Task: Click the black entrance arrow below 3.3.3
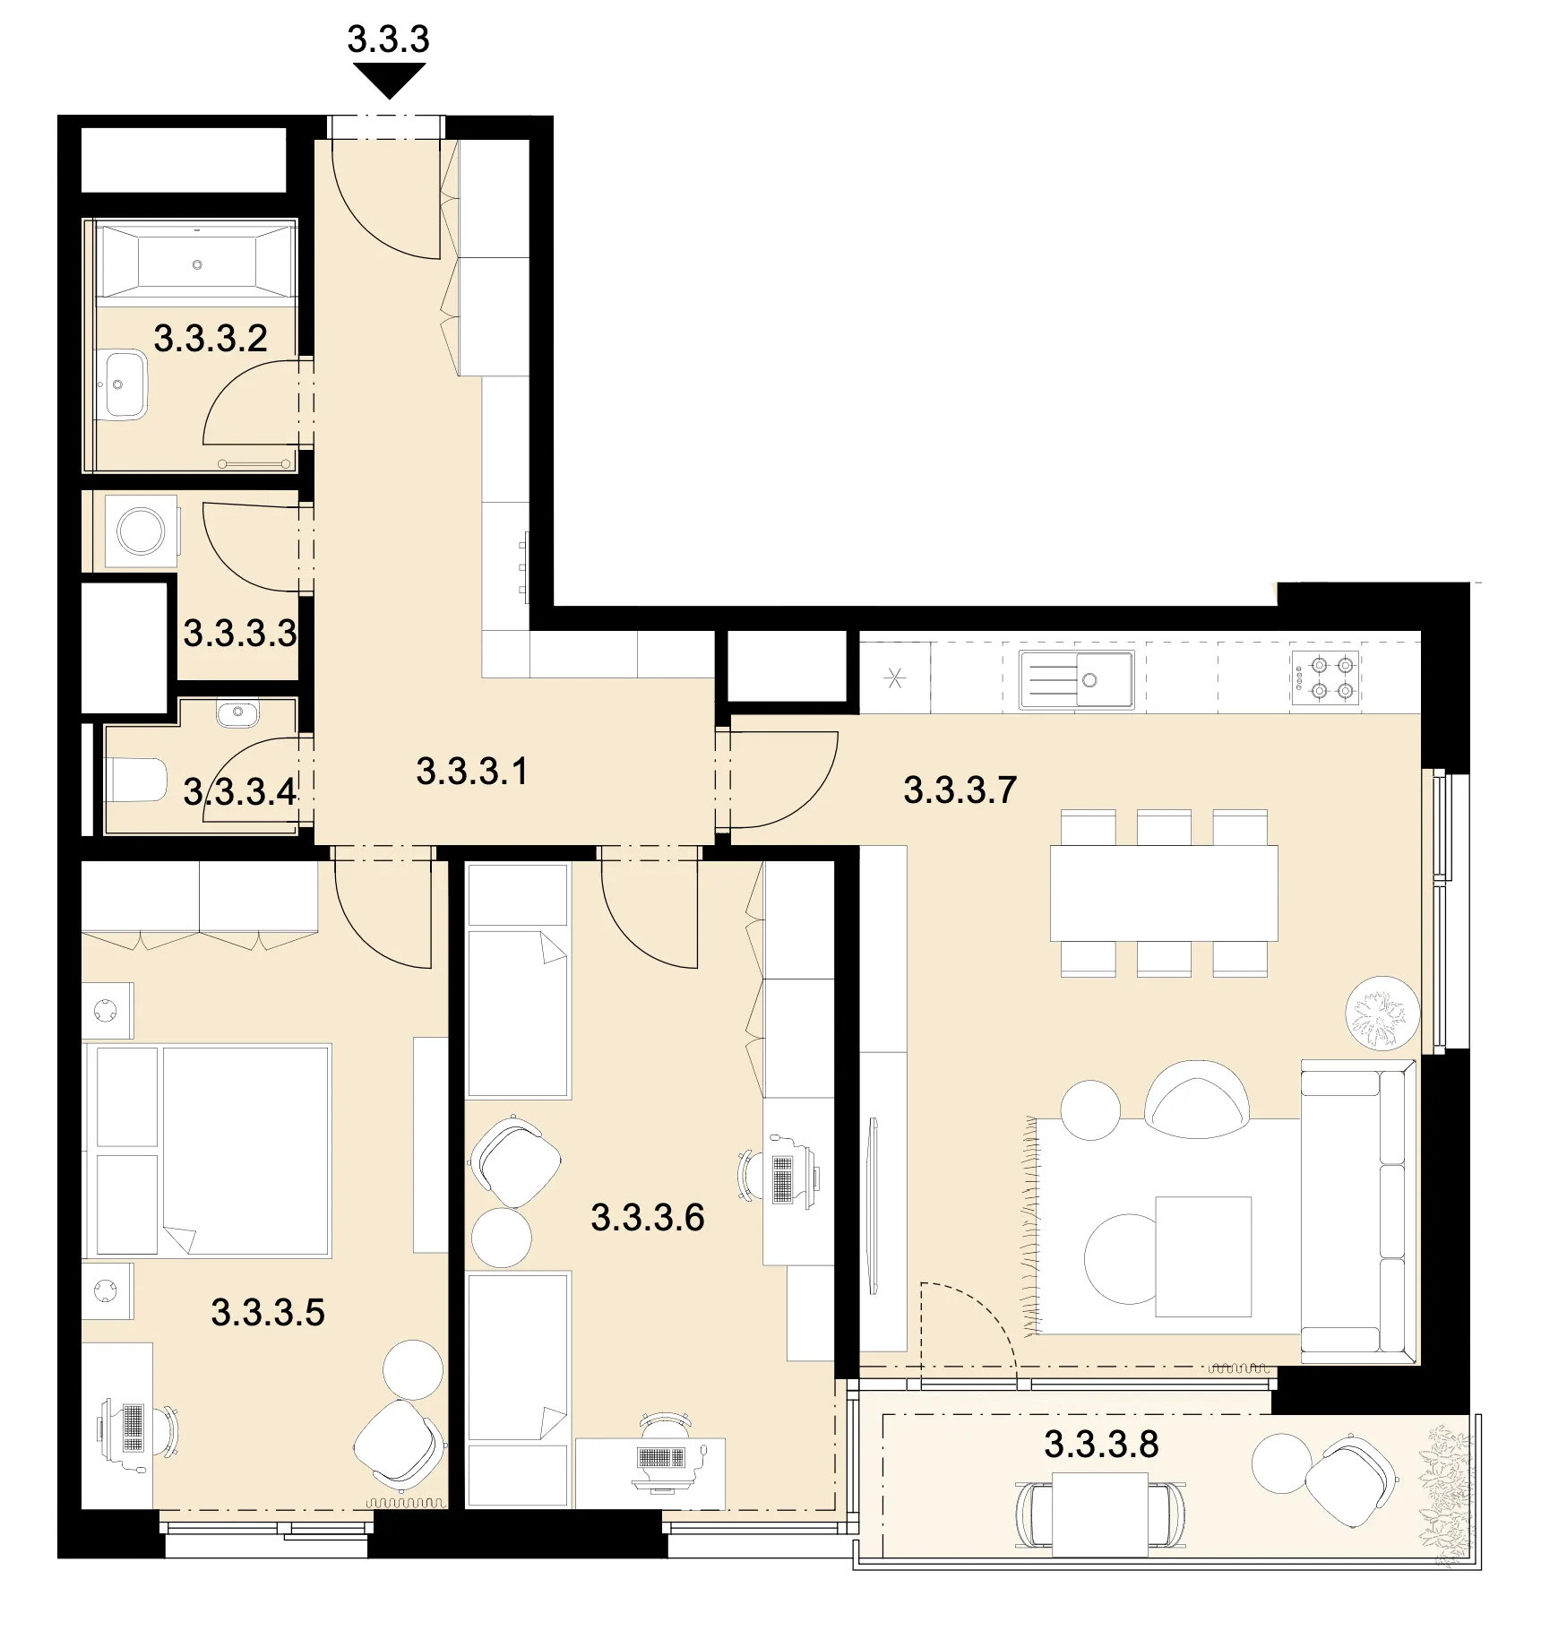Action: [x=389, y=82]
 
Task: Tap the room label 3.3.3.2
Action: [x=211, y=339]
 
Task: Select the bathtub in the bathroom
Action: [x=196, y=261]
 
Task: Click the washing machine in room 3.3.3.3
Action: [x=142, y=531]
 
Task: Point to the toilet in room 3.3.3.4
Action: [x=136, y=781]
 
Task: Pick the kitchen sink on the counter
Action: [x=1076, y=679]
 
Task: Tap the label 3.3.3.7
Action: [x=960, y=790]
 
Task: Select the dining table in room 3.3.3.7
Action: [x=1164, y=893]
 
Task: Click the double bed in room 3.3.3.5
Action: [x=207, y=1150]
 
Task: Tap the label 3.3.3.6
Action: [x=648, y=1218]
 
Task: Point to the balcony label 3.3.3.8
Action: [x=1101, y=1444]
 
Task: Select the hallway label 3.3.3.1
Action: [x=472, y=772]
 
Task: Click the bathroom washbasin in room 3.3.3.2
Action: [x=121, y=385]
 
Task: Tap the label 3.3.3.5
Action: [x=268, y=1313]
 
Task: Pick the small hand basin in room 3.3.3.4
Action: [x=237, y=714]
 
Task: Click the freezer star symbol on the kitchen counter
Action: [x=894, y=678]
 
